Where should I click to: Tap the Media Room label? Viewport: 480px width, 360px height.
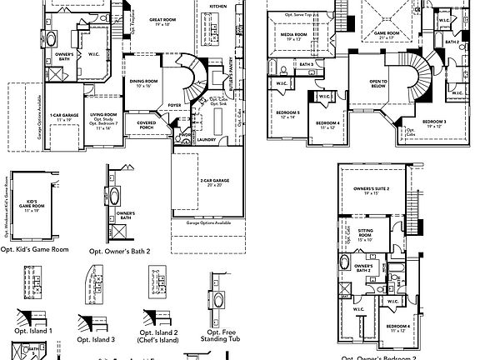pyautogui.click(x=292, y=36)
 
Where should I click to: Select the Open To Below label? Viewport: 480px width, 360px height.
pyautogui.click(x=381, y=83)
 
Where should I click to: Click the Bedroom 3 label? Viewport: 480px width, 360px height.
pyautogui.click(x=434, y=122)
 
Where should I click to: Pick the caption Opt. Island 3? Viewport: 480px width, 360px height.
pyautogui.click(x=96, y=338)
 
